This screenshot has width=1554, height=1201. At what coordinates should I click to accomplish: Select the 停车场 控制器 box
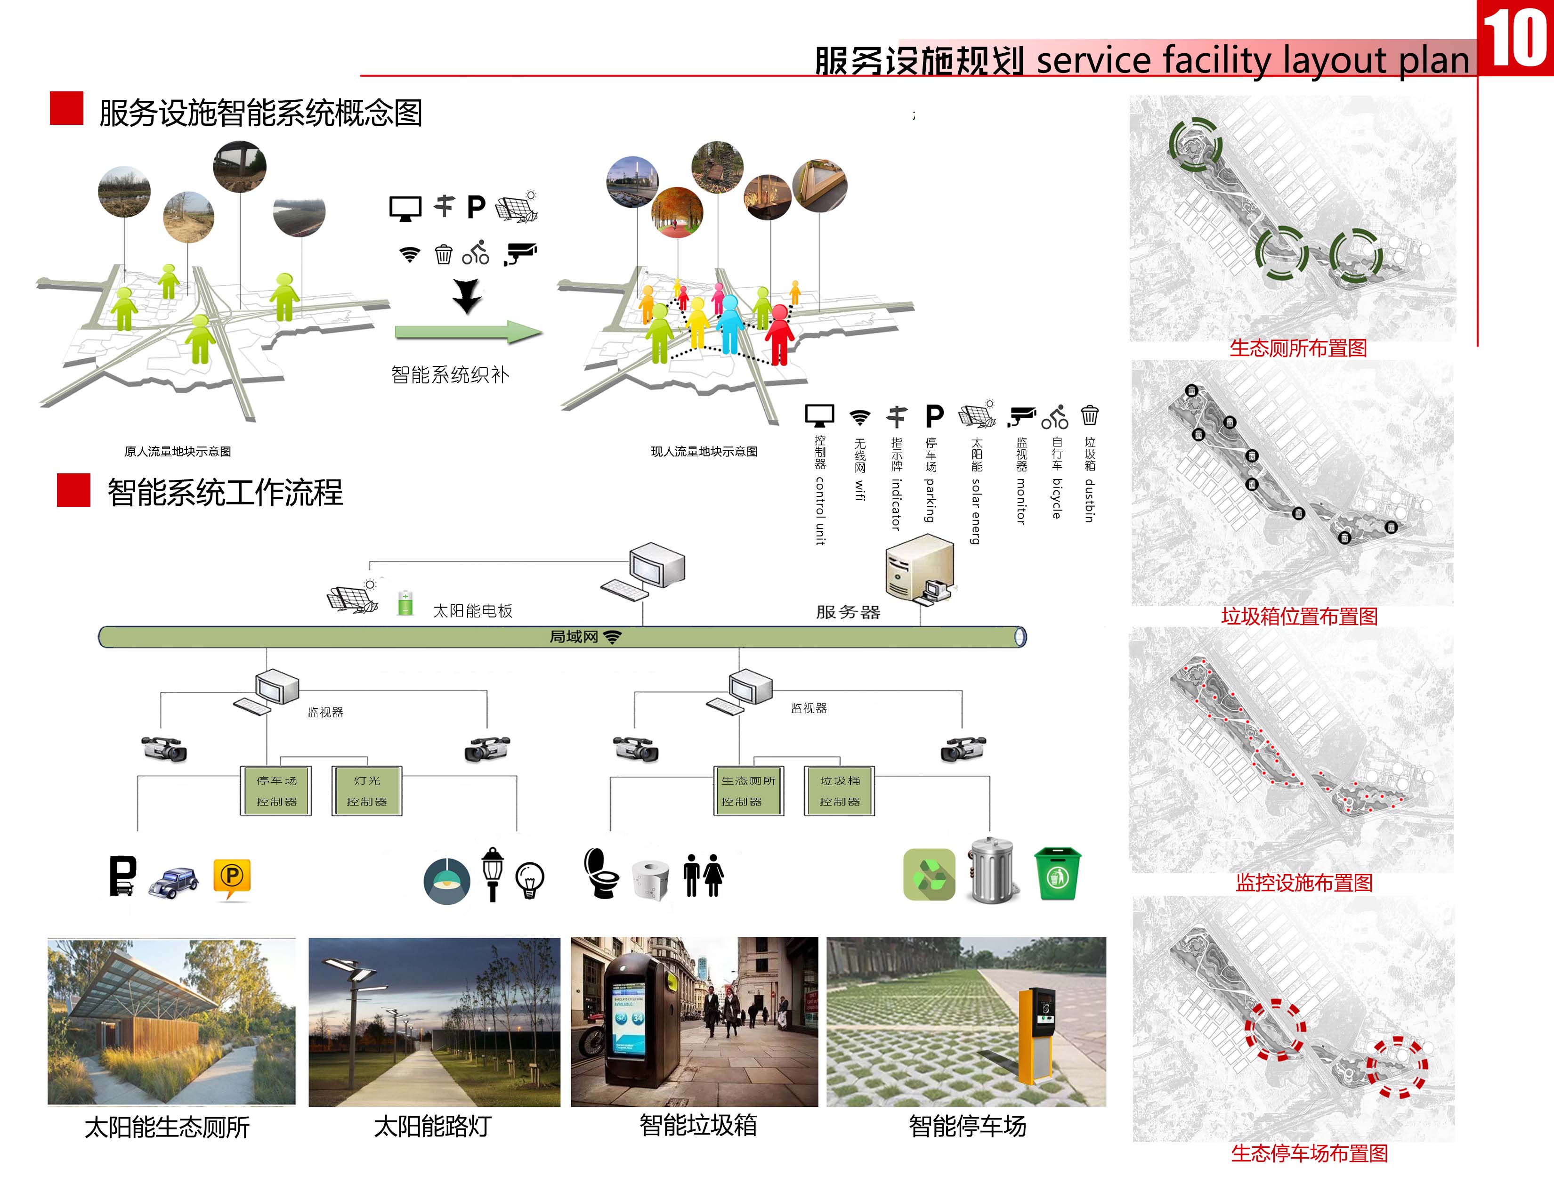point(276,790)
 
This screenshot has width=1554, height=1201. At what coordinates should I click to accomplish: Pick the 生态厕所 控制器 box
point(749,790)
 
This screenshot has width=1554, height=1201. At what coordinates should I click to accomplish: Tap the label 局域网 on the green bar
point(574,637)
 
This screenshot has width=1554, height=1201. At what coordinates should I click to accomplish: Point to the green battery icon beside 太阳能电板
point(405,603)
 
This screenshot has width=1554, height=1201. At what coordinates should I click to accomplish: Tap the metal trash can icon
point(993,871)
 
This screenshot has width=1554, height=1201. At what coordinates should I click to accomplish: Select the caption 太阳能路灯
point(433,1126)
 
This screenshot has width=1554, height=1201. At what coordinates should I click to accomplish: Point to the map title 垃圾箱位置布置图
point(1299,616)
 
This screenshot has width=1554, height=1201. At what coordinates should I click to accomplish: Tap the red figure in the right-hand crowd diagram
point(780,334)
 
